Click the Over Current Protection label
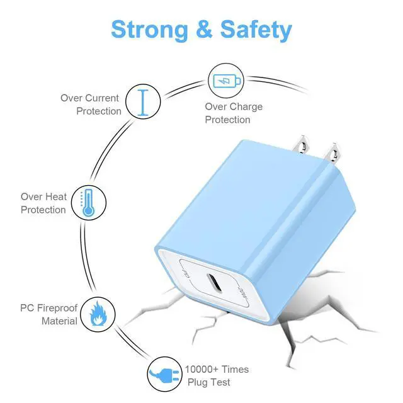[90, 105]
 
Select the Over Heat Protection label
[43, 203]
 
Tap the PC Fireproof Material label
[49, 315]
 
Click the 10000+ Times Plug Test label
[217, 376]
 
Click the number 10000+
[201, 370]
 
